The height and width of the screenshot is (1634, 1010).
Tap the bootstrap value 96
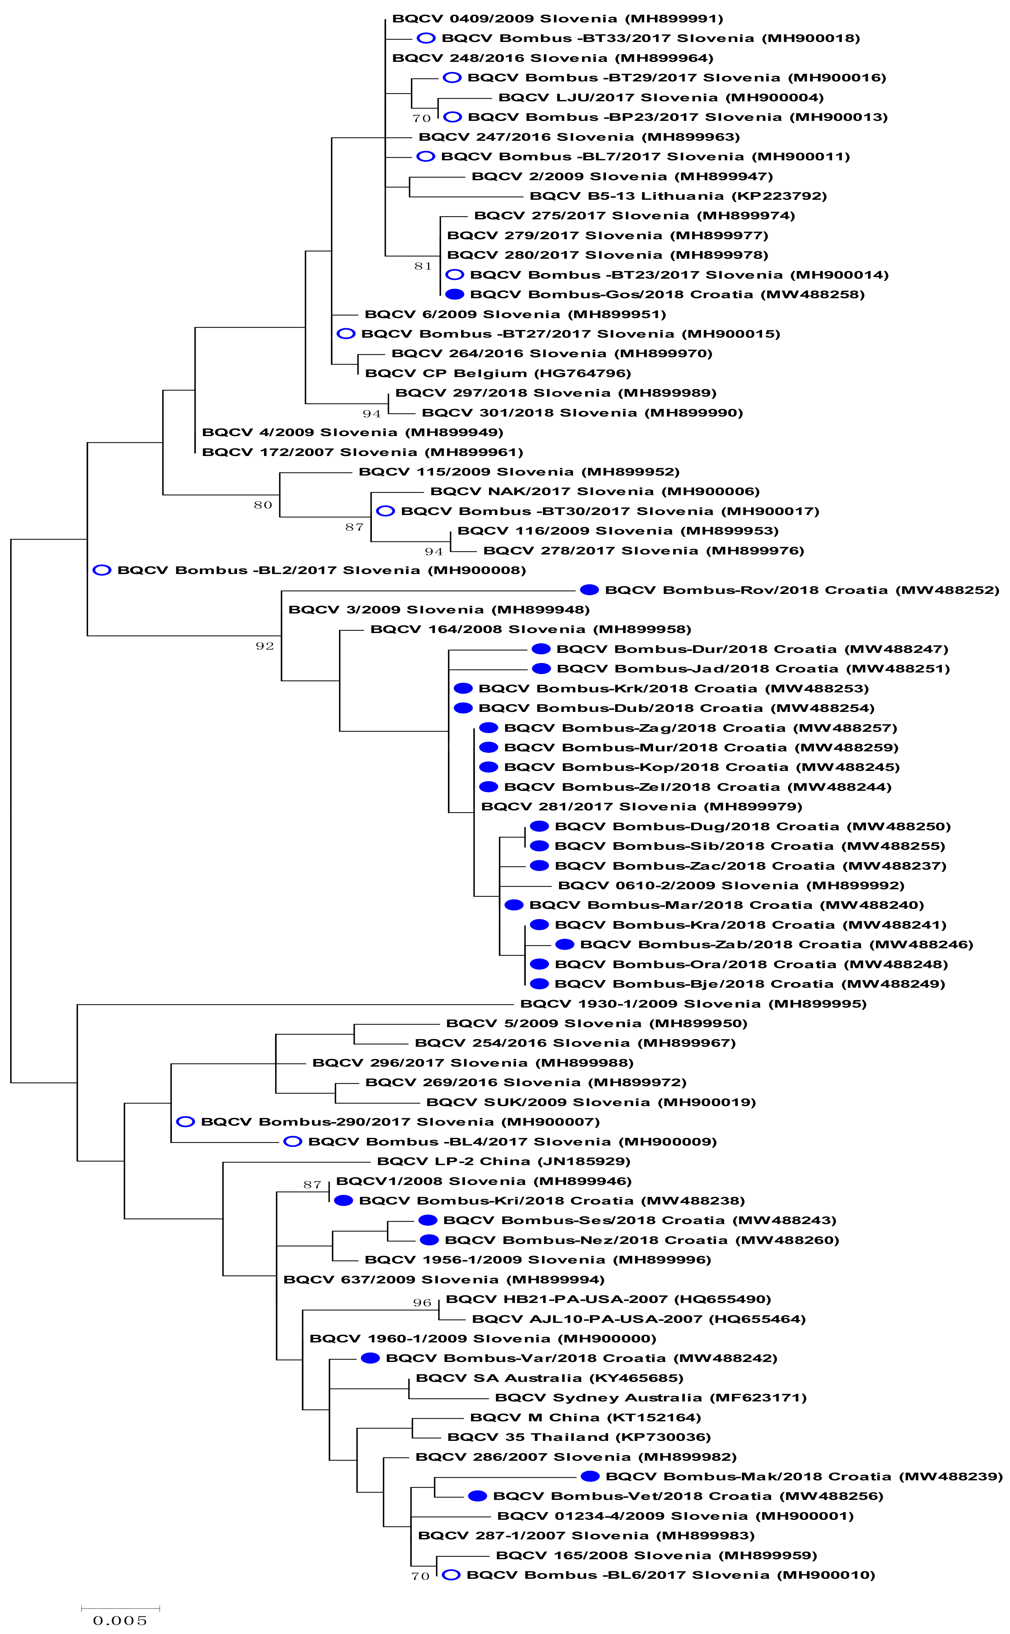point(422,1303)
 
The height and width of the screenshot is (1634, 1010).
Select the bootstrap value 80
point(263,505)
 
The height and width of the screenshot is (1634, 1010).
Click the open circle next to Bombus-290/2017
point(185,1122)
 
